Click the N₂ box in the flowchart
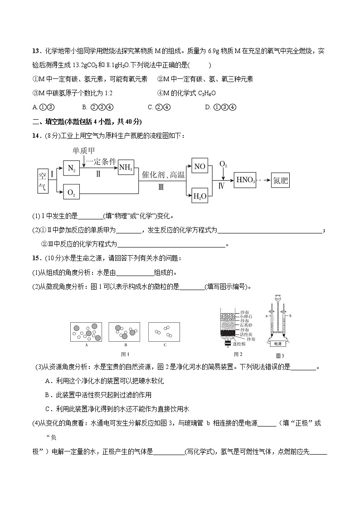pyautogui.click(x=71, y=169)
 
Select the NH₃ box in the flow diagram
pyautogui.click(x=126, y=169)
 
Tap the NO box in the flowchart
pyautogui.click(x=199, y=166)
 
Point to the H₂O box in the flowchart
pyautogui.click(x=199, y=196)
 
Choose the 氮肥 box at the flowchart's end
pyautogui.click(x=280, y=181)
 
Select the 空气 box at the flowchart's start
pyautogui.click(x=43, y=181)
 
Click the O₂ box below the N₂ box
pyautogui.click(x=71, y=193)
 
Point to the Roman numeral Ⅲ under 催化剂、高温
pyautogui.click(x=161, y=187)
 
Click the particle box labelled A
pyautogui.click(x=86, y=332)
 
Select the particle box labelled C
pyautogui.click(x=165, y=332)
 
